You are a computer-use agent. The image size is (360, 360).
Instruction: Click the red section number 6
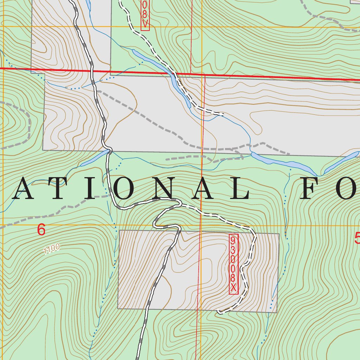pos(41,230)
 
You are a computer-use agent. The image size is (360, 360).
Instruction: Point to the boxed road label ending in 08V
pos(145,15)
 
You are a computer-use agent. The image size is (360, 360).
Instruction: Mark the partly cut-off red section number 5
pos(357,239)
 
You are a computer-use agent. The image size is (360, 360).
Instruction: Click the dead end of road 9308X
pos(219,311)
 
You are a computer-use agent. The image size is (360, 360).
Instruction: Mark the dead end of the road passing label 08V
pos(223,114)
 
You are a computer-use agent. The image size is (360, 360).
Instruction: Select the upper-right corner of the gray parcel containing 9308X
pos(279,233)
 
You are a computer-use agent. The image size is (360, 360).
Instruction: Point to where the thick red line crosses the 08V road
pos(174,73)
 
